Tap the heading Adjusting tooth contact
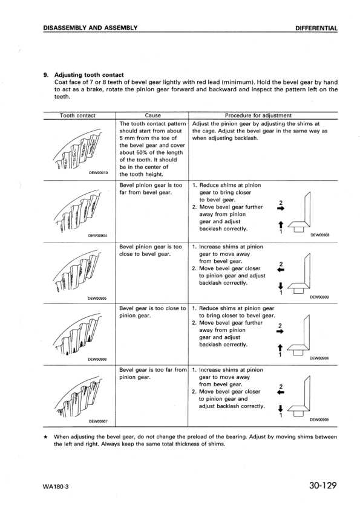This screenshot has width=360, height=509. (89, 75)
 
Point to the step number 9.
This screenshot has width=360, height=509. (45, 75)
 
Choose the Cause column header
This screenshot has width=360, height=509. (153, 115)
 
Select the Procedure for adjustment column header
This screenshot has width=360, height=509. (258, 115)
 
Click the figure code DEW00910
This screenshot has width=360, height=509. (99, 172)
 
